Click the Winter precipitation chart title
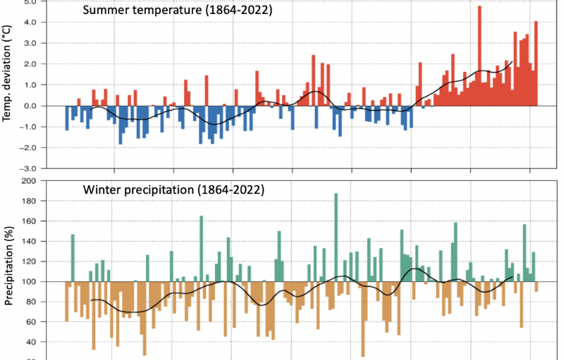point(173,190)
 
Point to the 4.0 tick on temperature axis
point(30,23)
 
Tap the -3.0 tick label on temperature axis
point(29,169)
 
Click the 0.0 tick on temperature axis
point(30,106)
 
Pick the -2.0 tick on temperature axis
point(29,148)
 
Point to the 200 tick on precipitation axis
point(29,181)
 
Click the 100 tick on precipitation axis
point(29,282)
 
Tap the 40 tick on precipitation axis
point(32,342)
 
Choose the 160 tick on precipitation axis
point(29,221)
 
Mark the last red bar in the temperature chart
point(536,63)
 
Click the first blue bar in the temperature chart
point(67,118)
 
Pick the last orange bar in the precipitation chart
point(536,287)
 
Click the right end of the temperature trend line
point(512,61)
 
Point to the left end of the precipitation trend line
point(90,300)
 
